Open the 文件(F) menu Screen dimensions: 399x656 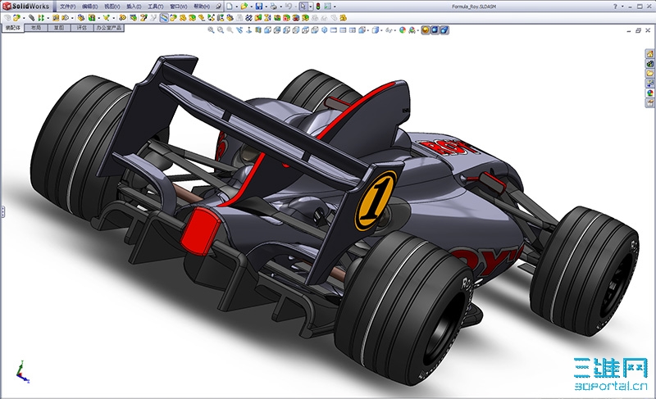coord(67,6)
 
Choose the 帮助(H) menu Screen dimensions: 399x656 coord(200,6)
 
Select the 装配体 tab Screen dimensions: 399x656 coord(13,27)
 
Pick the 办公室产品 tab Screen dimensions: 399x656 coord(107,27)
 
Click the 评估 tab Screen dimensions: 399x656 coord(80,27)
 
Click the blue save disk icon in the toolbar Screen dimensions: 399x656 coord(259,6)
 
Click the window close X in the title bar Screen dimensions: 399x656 coord(648,6)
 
